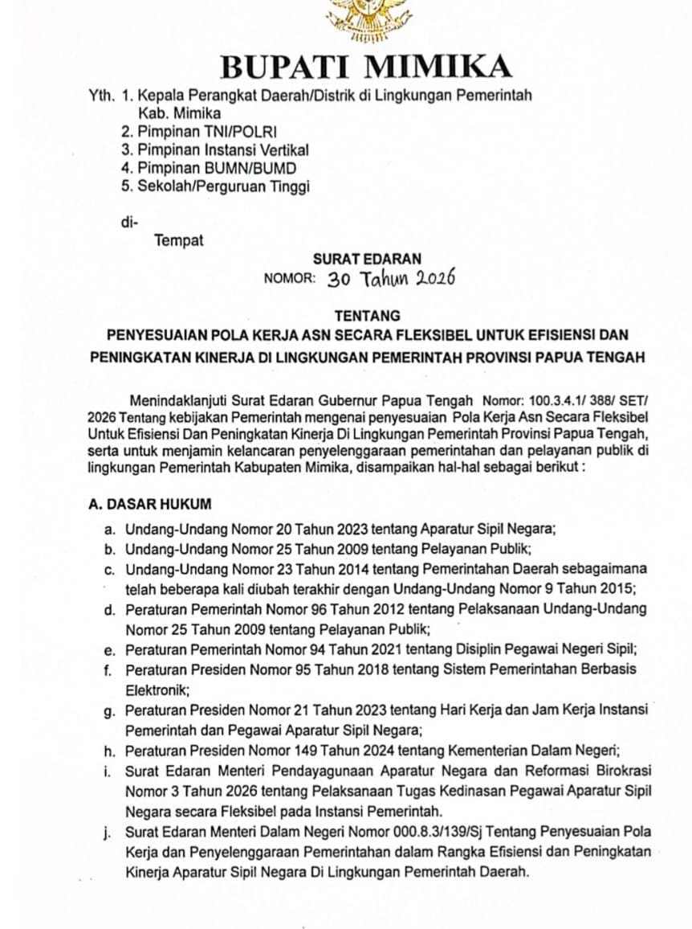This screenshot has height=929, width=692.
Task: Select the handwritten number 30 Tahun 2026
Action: click(392, 278)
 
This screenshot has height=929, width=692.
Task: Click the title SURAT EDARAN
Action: click(366, 260)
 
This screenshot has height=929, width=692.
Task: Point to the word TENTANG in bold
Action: click(367, 316)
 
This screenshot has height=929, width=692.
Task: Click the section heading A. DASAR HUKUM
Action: click(150, 505)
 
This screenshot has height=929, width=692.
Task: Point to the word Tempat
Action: click(179, 240)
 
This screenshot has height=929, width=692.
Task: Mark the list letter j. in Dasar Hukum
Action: click(108, 830)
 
